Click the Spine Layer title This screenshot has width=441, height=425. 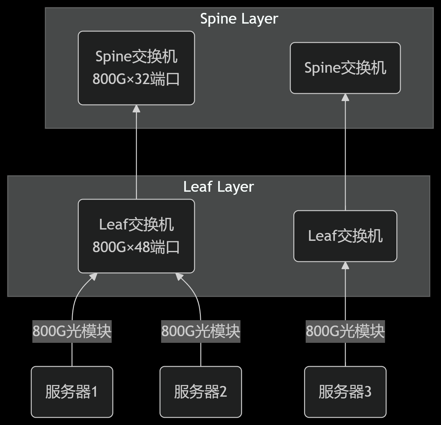coord(239,19)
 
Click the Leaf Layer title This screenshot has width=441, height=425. coord(218,187)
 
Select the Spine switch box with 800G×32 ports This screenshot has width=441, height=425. coord(136,68)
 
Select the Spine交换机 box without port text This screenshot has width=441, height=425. coord(345,68)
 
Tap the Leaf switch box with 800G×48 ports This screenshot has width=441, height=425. coord(136,236)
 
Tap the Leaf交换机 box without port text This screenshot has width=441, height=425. coord(345,236)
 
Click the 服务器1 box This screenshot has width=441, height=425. coord(72,392)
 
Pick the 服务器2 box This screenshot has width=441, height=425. coord(201,392)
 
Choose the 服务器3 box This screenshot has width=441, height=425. coord(345,392)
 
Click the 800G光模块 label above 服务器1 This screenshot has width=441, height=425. coord(72,331)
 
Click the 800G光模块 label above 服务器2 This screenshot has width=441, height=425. coord(201,331)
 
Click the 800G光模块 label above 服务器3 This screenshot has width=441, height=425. coord(345,331)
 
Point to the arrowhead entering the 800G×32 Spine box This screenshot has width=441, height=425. coord(136,109)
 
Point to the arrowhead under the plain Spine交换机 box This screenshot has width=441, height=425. coord(345,97)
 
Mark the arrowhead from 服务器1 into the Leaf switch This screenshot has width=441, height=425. coord(93,277)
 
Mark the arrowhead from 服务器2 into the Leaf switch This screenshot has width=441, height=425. coord(179,277)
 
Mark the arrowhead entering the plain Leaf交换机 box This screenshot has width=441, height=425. coord(345,265)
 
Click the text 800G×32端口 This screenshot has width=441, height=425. coord(136,79)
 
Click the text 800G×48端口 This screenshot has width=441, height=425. coord(136,247)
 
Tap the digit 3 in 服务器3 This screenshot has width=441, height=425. coord(368,392)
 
